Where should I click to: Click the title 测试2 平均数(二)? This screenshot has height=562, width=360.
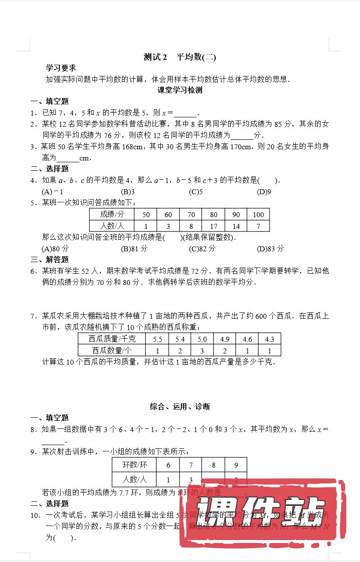(180, 57)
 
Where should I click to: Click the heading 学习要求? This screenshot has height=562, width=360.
(61, 68)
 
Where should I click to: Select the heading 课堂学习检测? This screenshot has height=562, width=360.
(180, 90)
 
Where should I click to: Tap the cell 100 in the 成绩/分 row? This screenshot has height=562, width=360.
(258, 214)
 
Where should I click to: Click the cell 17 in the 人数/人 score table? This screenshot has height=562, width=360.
(213, 226)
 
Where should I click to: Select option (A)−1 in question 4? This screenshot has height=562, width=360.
(52, 192)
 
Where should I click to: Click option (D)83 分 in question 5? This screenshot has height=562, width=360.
(270, 249)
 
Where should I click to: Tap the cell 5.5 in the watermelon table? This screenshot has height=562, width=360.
(157, 339)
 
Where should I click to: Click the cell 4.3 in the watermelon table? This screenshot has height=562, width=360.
(270, 339)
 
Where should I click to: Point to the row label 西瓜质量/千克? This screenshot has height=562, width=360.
(112, 339)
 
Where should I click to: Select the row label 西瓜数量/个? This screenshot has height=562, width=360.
(112, 350)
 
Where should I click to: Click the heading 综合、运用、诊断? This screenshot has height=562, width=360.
(180, 407)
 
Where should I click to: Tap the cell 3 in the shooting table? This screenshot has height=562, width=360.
(191, 479)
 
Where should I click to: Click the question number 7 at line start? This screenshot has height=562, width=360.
(33, 316)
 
